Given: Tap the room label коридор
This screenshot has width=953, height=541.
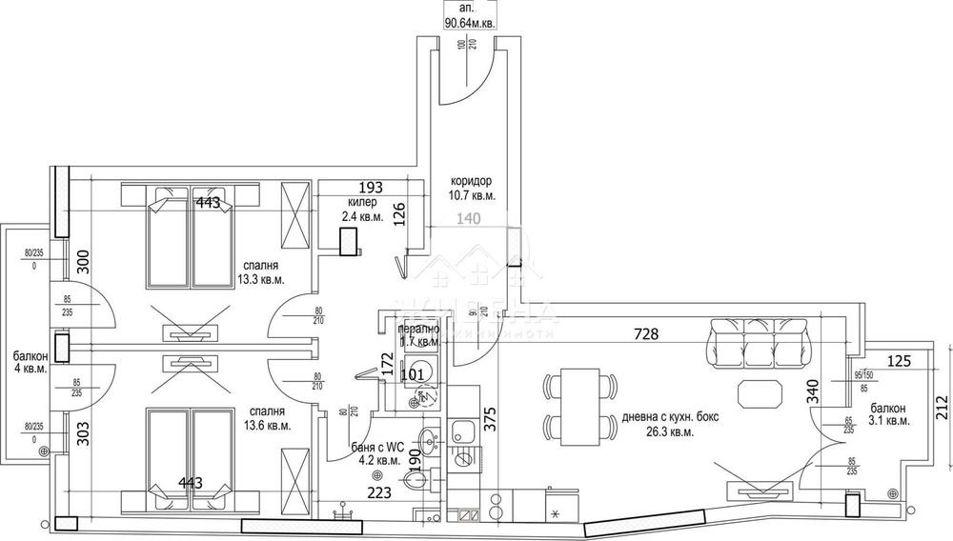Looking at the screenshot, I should click(472, 181).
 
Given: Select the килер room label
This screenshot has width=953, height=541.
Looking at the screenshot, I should click(362, 203).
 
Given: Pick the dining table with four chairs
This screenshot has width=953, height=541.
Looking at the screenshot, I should click(577, 405).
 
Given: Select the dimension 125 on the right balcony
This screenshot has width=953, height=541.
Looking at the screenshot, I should click(901, 361).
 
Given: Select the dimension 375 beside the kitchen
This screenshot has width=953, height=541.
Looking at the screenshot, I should click(489, 420).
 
